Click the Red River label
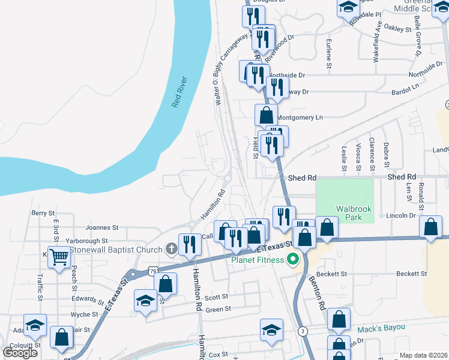pyautogui.click(x=179, y=92)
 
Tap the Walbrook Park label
pyautogui.click(x=354, y=213)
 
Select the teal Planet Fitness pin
pyautogui.click(x=293, y=259)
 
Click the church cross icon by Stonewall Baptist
pyautogui.click(x=171, y=249)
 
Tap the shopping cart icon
pyautogui.click(x=59, y=257)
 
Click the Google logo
pyautogui.click(x=20, y=353)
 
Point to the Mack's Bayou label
pyautogui.click(x=382, y=328)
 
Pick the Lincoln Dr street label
pyautogui.click(x=401, y=215)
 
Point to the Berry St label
pyautogui.click(x=43, y=213)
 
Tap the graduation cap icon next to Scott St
pyautogui.click(x=145, y=301)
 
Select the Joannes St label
pyautogui.click(x=102, y=228)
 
